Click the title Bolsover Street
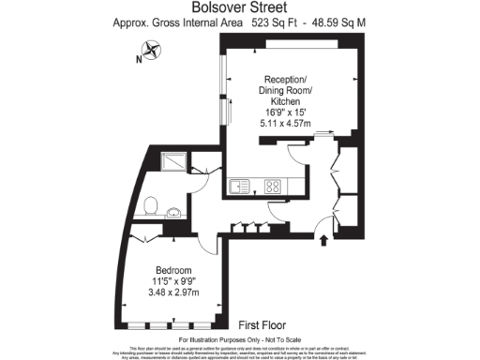239,7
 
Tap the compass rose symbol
153,55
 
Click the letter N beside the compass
138,60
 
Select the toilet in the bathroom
151,203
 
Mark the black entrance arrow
325,241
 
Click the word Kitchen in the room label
285,100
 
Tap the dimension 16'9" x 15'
285,111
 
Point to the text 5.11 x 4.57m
285,122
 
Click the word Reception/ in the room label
285,79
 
